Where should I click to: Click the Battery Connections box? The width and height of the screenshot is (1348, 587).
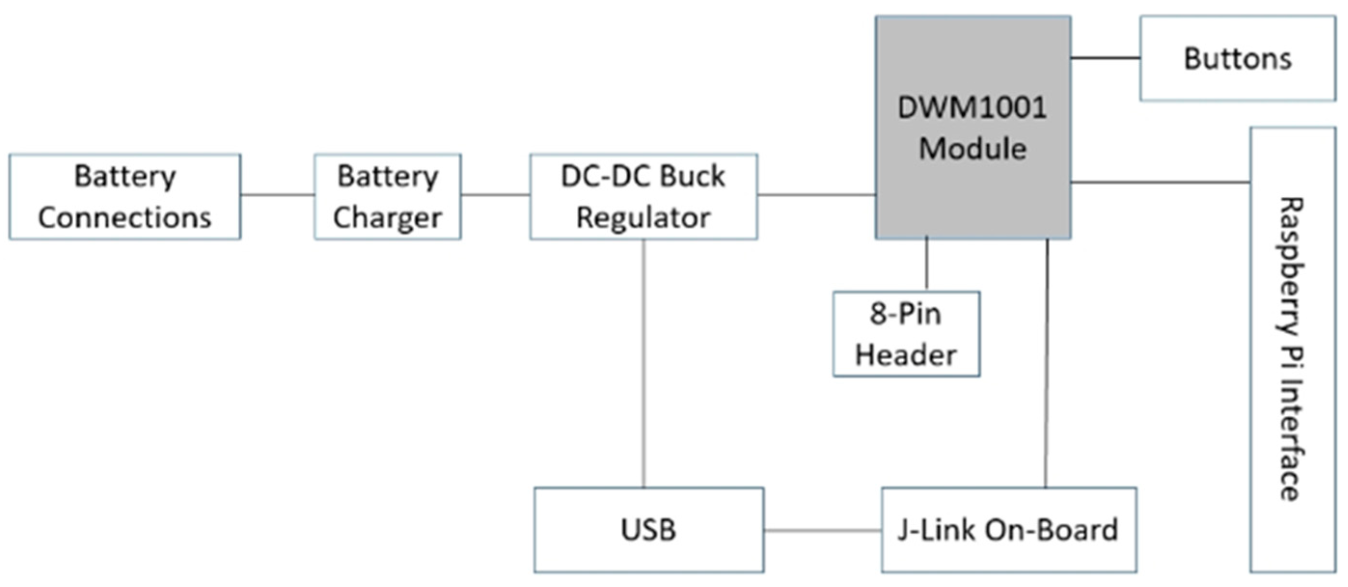tap(124, 197)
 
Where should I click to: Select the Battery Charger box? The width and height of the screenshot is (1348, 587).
tap(387, 197)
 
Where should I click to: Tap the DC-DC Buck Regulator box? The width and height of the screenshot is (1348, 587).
tap(643, 197)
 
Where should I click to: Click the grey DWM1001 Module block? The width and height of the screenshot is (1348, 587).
tap(973, 128)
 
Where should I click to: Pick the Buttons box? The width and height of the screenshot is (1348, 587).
tap(1238, 58)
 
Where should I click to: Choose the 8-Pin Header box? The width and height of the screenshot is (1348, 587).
tap(906, 334)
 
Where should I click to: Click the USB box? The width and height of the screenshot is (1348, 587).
tap(648, 530)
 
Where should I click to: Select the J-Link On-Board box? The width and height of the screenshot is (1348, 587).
tap(1008, 530)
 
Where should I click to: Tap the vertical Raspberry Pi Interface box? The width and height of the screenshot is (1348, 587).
tap(1293, 350)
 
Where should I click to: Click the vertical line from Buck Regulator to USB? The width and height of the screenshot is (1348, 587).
tap(644, 364)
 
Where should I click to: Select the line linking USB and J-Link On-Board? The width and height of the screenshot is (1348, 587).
tap(822, 531)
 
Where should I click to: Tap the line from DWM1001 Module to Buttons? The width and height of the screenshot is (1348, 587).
tap(1105, 58)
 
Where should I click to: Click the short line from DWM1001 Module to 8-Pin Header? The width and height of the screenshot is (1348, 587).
tap(927, 264)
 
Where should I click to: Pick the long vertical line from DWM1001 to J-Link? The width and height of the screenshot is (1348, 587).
tap(1047, 364)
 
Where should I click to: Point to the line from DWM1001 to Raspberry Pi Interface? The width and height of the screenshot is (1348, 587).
tap(1160, 182)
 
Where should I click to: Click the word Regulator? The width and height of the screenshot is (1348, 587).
tap(643, 218)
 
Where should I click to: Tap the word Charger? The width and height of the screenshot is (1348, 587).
tap(387, 218)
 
